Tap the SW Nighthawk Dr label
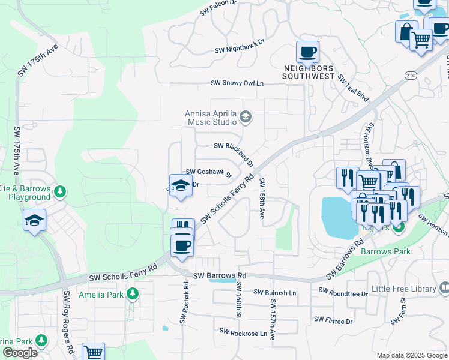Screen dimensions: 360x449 (240, 47)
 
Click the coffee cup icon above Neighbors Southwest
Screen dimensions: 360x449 (307, 52)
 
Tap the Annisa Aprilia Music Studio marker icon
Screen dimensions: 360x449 (245, 116)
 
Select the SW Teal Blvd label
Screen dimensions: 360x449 (352, 88)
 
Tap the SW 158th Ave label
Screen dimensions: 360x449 (262, 198)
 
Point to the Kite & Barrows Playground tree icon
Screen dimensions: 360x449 (59, 191)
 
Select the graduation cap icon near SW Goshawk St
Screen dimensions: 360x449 (180, 186)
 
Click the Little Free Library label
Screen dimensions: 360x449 (403, 289)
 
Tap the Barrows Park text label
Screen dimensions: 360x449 (386, 251)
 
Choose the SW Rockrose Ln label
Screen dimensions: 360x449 (243, 331)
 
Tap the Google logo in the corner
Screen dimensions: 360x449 (20, 353)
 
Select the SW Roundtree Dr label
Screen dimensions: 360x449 (343, 292)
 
